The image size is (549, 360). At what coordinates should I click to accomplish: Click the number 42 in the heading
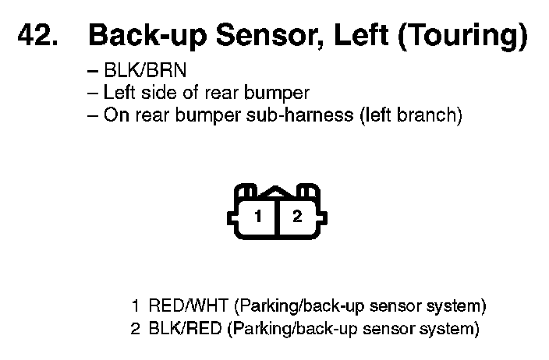[x=36, y=36]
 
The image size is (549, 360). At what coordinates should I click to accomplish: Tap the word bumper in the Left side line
[x=274, y=94]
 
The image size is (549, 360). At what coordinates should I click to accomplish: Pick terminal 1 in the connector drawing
[x=257, y=217]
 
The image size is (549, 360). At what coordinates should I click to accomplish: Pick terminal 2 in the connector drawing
[x=297, y=217]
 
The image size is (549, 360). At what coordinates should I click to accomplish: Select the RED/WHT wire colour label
[x=189, y=305]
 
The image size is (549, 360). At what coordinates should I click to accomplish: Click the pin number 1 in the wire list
[x=136, y=305]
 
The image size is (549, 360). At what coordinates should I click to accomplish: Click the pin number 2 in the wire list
[x=136, y=328]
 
